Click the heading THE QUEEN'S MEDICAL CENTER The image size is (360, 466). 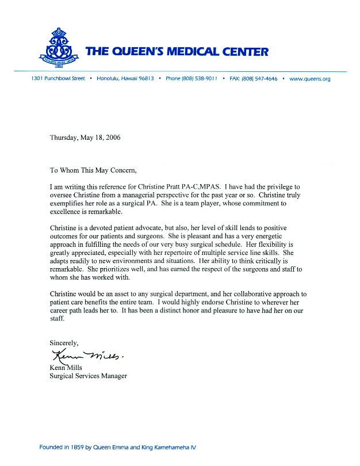[x=177, y=52]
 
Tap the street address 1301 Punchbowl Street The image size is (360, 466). [x=58, y=79]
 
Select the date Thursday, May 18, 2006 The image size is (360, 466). [x=85, y=137]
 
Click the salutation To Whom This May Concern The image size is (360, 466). [x=94, y=170]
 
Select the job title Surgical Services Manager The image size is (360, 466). [x=88, y=376]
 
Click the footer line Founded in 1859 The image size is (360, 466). [x=118, y=446]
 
